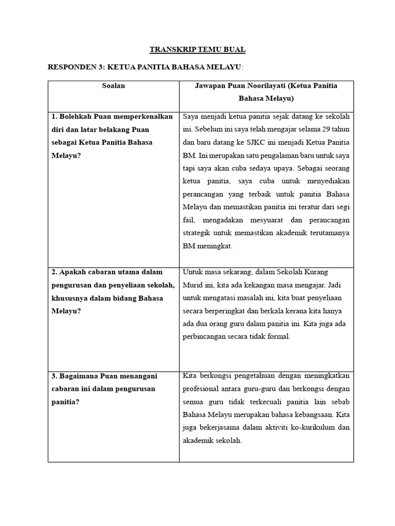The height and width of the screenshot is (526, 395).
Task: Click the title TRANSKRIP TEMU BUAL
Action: (197, 50)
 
